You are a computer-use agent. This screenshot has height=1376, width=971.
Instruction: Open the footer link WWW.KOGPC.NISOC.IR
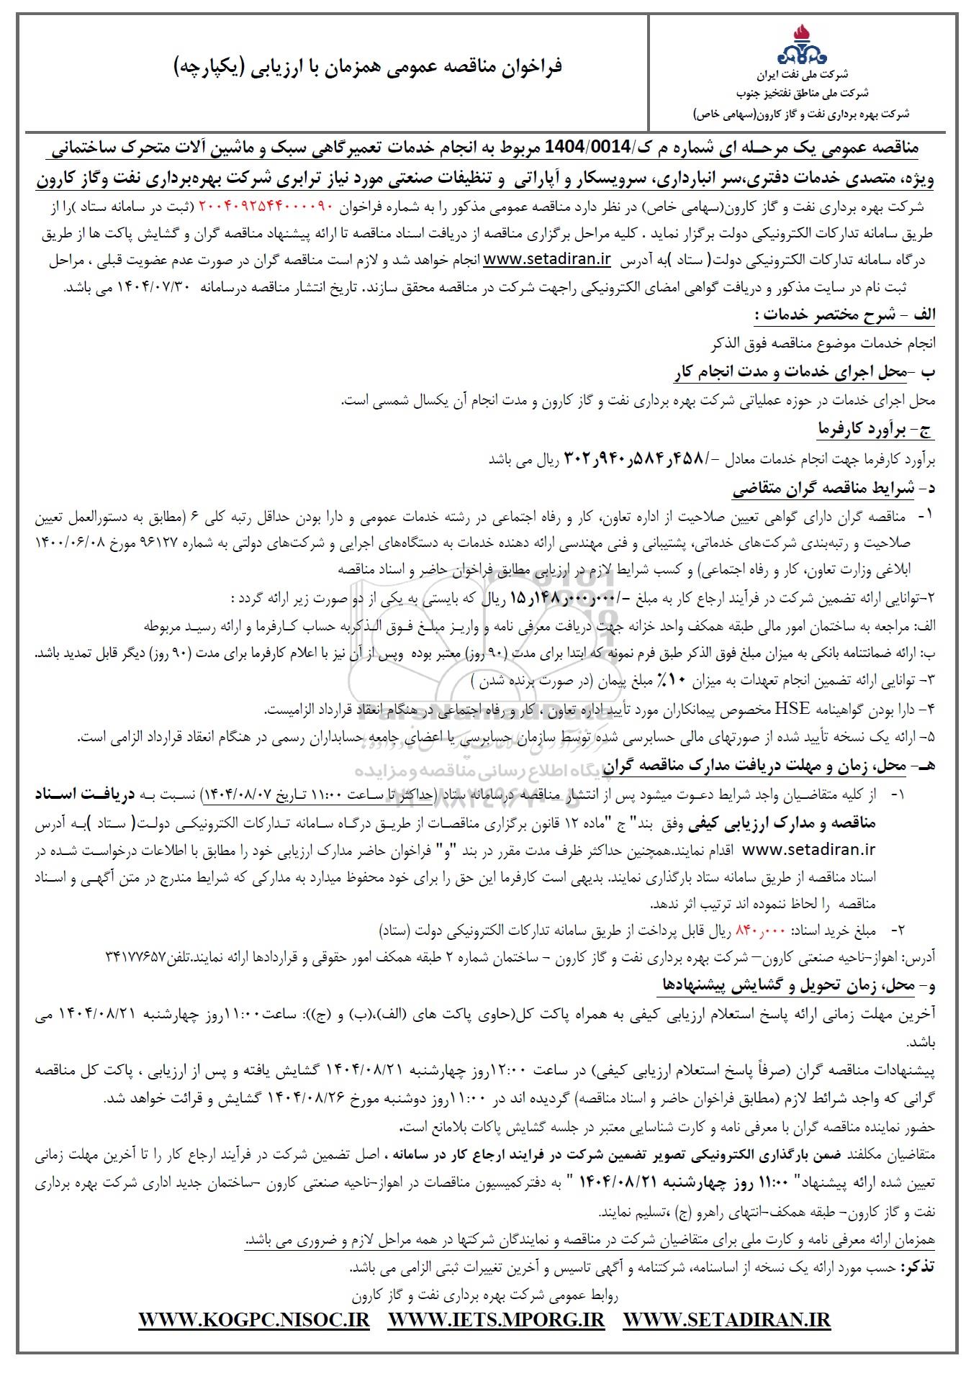click(253, 1320)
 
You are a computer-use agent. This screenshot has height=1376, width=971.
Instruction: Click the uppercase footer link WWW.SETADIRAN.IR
click(727, 1320)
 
